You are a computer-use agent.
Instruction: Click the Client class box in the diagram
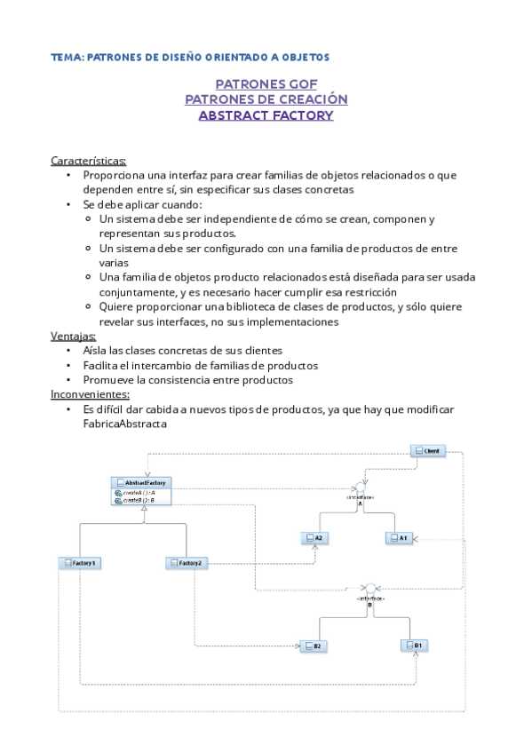click(427, 451)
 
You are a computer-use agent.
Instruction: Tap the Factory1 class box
click(80, 563)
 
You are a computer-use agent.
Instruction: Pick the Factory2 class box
click(187, 563)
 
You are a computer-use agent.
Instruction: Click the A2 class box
click(314, 538)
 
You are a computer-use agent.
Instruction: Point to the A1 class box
click(397, 538)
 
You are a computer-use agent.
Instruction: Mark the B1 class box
click(414, 646)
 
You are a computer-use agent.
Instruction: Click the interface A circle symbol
click(360, 488)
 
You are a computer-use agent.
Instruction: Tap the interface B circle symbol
click(370, 589)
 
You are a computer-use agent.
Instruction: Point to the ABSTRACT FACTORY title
click(266, 115)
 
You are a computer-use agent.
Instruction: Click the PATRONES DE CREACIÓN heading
click(266, 99)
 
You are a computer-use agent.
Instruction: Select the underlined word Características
click(89, 161)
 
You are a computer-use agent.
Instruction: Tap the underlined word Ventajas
click(74, 337)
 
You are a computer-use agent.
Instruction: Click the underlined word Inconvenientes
click(91, 394)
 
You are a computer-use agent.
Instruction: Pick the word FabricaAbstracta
click(124, 424)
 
